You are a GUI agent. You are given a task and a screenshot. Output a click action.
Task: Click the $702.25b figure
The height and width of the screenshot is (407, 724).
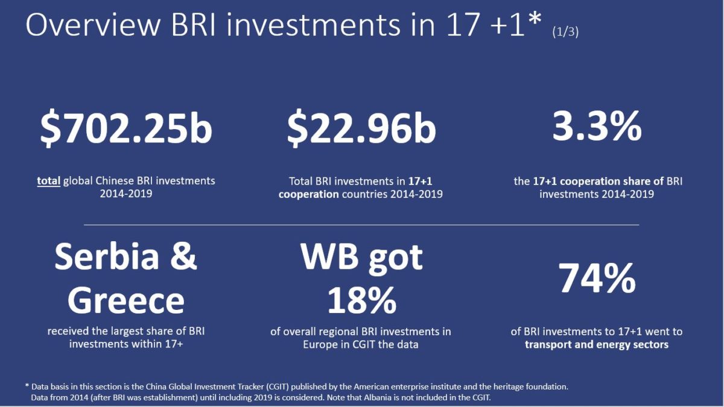pyautogui.click(x=126, y=130)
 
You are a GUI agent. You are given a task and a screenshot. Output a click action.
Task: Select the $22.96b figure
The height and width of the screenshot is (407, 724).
pyautogui.click(x=361, y=130)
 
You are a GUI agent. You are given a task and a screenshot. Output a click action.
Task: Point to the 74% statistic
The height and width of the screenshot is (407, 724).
pyautogui.click(x=597, y=279)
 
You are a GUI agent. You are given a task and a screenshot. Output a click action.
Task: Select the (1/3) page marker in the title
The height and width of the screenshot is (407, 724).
pyautogui.click(x=565, y=33)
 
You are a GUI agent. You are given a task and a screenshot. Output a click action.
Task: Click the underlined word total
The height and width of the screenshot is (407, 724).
pyautogui.click(x=48, y=180)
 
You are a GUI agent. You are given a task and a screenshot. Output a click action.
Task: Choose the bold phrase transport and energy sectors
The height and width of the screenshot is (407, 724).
pyautogui.click(x=596, y=345)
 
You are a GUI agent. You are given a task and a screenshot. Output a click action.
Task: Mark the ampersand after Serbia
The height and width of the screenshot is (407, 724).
pyautogui.click(x=183, y=257)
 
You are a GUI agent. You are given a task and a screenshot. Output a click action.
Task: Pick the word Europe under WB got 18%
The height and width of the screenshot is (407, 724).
pyautogui.click(x=320, y=345)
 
